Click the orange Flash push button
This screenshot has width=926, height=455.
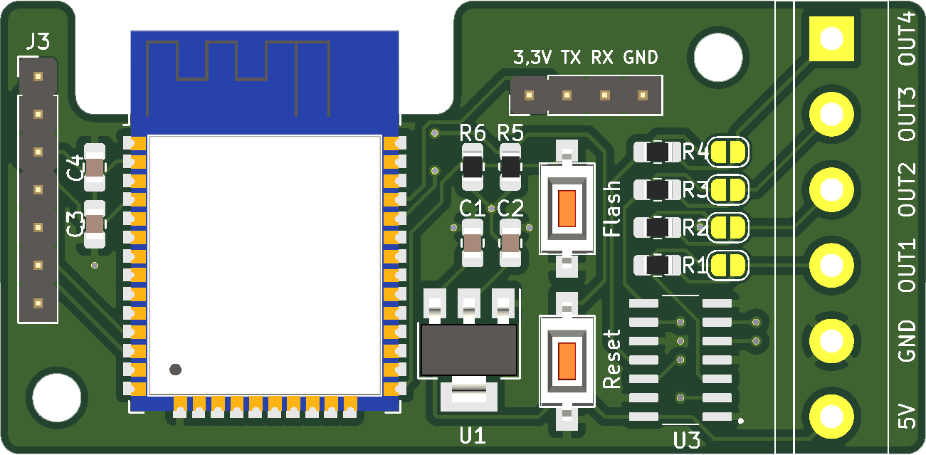pos(567,208)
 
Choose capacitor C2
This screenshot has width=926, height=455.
pos(510,243)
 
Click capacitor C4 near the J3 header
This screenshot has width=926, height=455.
pos(95,167)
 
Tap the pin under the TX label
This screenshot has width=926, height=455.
pos(567,95)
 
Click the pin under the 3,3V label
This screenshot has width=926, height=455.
pos(530,95)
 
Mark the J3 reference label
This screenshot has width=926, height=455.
pos(37,43)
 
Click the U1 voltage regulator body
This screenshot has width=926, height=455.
pos(468,350)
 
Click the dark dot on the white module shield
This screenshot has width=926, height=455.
pos(175,369)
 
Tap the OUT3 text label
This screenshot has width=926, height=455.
pos(907,114)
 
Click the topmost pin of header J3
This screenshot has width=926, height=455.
pos(38,77)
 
